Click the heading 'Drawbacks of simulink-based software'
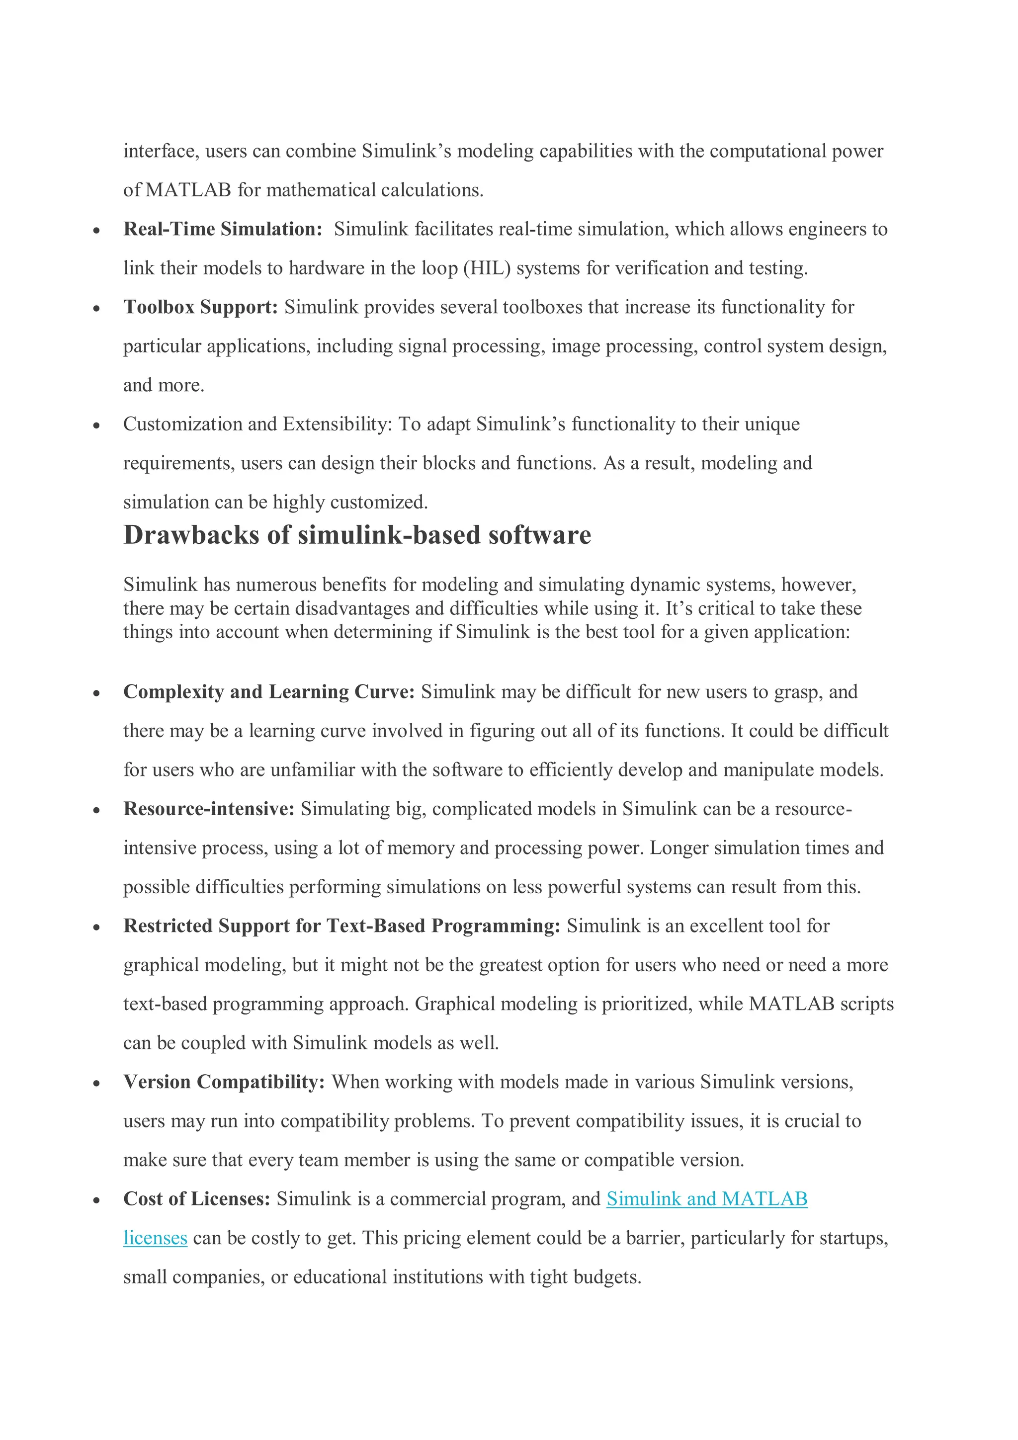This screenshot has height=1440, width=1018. [357, 535]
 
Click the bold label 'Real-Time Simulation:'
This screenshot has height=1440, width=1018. [223, 229]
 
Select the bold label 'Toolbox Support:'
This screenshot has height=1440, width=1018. [200, 307]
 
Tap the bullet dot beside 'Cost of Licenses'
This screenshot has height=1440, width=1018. [96, 1200]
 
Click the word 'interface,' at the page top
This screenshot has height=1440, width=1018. [161, 151]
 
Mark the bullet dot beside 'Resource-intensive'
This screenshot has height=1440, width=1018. [96, 810]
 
